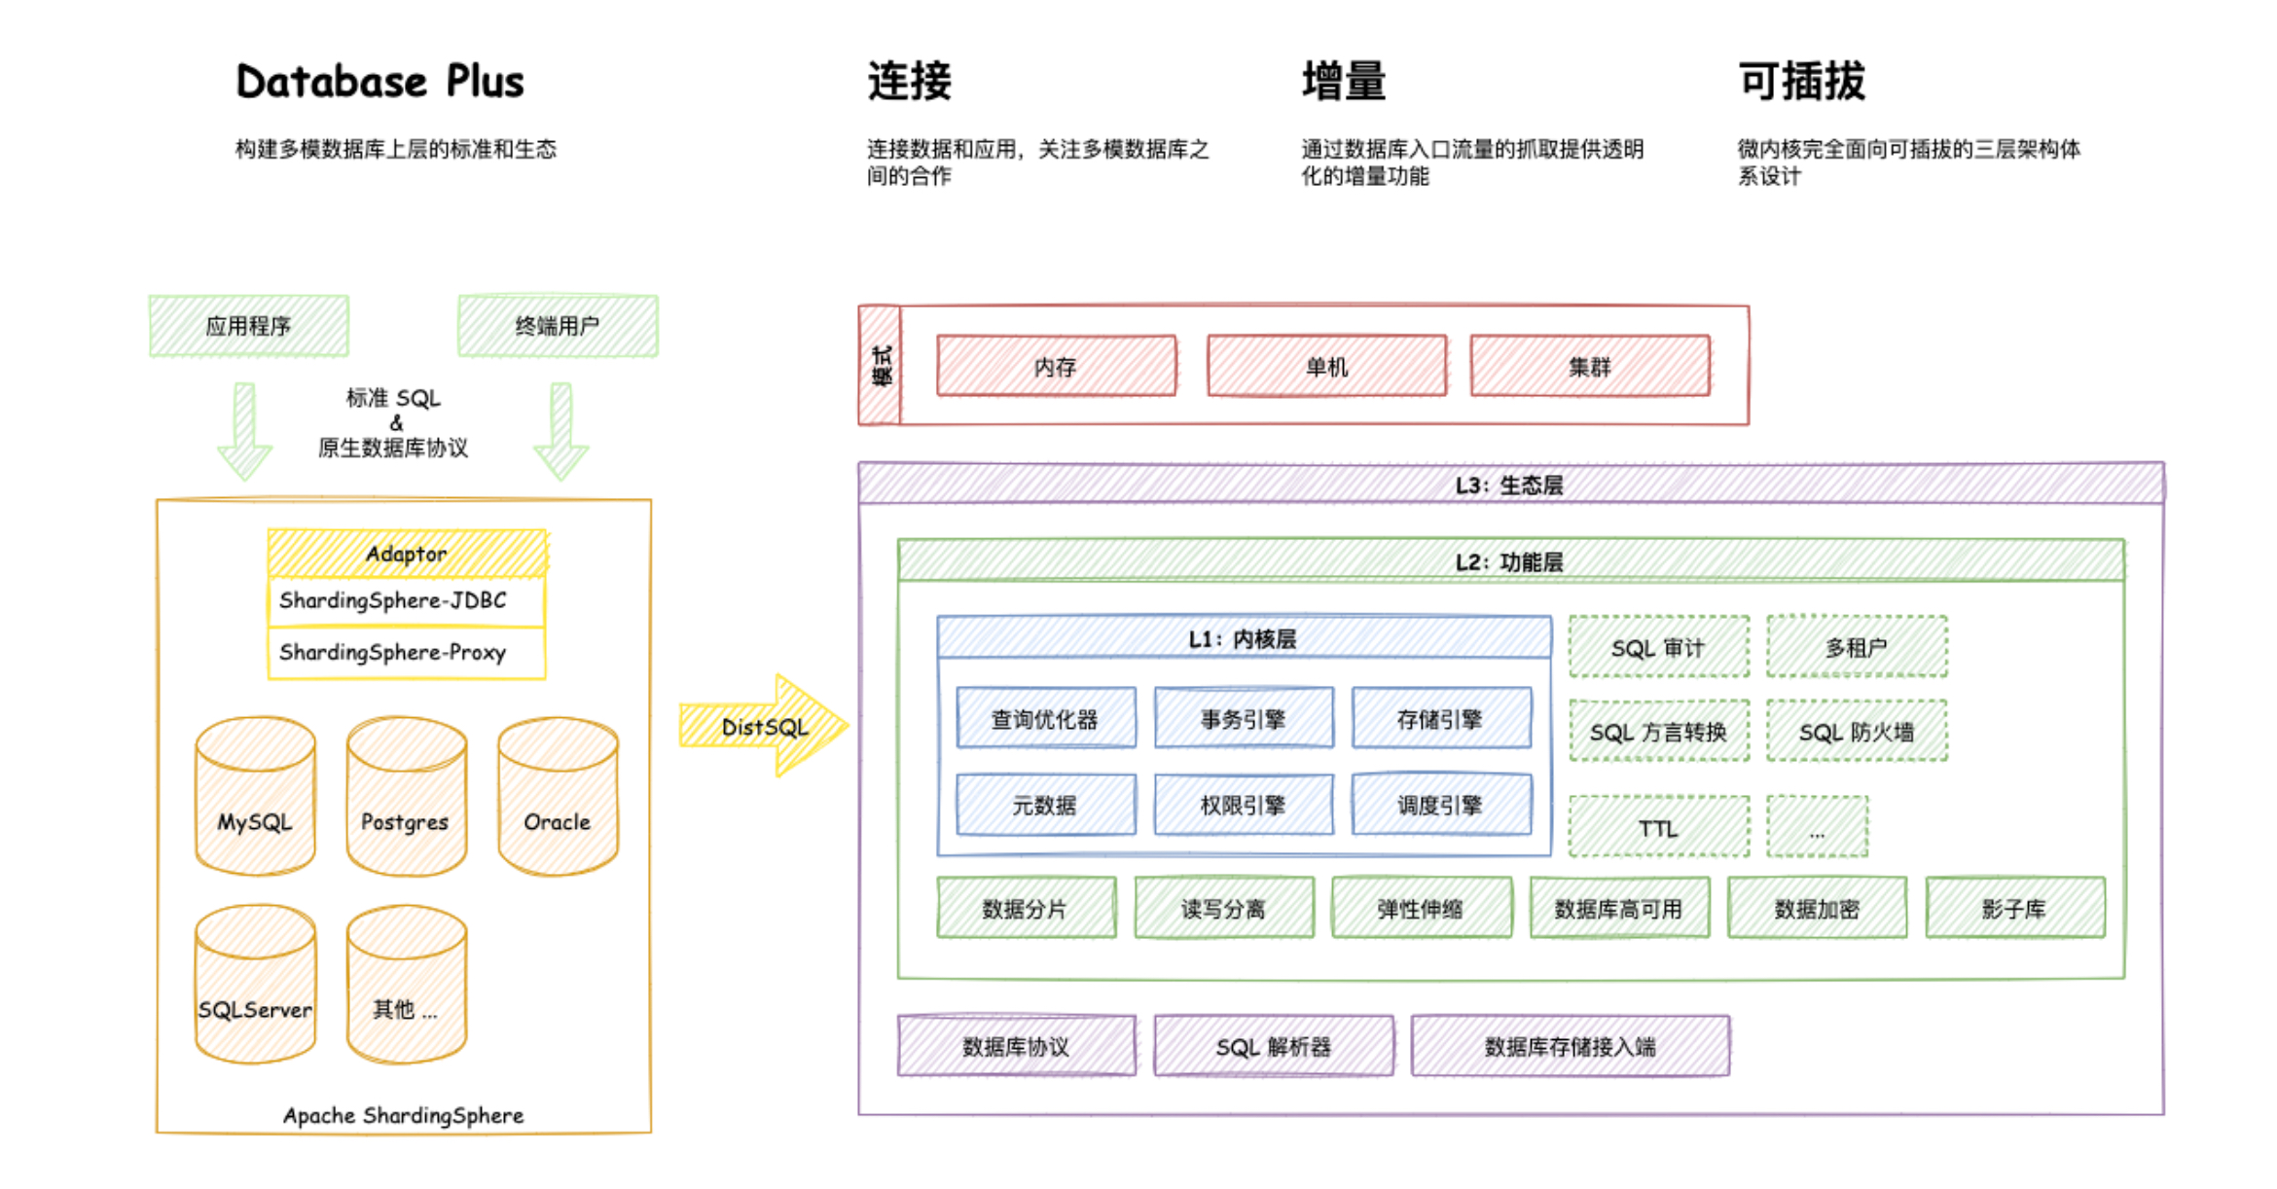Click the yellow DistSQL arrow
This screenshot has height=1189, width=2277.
[x=764, y=727]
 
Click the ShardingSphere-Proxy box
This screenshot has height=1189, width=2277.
[x=406, y=653]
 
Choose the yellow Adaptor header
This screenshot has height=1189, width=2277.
[x=406, y=554]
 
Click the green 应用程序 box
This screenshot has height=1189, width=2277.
[x=248, y=326]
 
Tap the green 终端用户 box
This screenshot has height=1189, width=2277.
[x=558, y=326]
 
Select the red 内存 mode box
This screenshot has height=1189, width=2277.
[x=1056, y=366]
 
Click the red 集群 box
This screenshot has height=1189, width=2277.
[x=1589, y=366]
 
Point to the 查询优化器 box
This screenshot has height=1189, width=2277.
[x=1045, y=719]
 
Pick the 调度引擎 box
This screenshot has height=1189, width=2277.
[x=1440, y=805]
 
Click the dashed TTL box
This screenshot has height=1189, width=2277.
[x=1658, y=828]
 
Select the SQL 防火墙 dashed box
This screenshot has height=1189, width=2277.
[x=1857, y=732]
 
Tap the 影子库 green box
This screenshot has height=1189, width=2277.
[x=2014, y=908]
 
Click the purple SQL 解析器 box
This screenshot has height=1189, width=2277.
[x=1273, y=1046]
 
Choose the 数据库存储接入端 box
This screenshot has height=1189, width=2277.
[x=1570, y=1046]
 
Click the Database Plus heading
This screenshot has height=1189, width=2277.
[x=379, y=82]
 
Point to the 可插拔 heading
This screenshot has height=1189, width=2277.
[x=1801, y=82]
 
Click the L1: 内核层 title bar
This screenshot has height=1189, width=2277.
[x=1243, y=638]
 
